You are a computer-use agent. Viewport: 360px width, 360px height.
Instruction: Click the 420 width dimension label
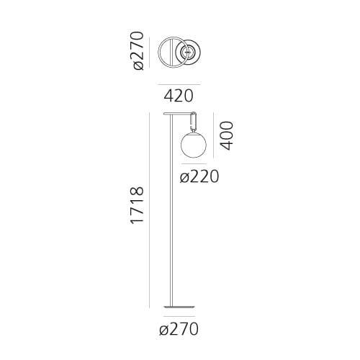(x=179, y=94)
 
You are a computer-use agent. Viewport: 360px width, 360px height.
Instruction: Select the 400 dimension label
(x=227, y=135)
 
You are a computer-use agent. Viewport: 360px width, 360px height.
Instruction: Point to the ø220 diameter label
(x=199, y=176)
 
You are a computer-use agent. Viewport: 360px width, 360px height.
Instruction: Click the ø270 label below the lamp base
(x=179, y=330)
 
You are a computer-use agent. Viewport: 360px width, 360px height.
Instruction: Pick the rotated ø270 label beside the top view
(x=138, y=50)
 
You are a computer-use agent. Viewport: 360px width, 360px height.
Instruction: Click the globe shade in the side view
(x=192, y=144)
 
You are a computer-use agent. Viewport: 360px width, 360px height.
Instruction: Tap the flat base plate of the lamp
(x=179, y=304)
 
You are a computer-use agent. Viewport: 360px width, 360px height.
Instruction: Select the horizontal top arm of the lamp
(x=179, y=113)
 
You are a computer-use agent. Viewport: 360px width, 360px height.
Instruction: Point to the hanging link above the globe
(x=193, y=122)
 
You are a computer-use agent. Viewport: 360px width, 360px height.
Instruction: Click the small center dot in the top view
(x=189, y=51)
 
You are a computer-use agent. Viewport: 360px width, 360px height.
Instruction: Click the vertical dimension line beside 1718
(x=150, y=209)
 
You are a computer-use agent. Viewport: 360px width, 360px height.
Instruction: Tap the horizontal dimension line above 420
(x=179, y=82)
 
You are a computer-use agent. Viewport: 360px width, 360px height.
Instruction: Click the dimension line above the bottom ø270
(x=179, y=317)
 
